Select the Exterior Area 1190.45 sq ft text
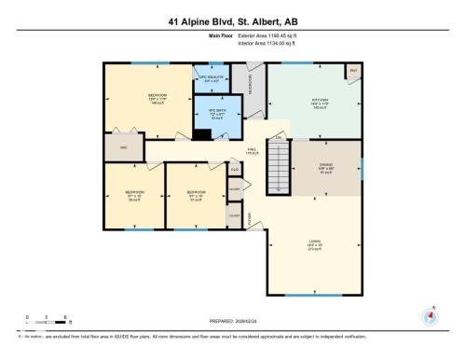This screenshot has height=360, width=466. (x=270, y=35)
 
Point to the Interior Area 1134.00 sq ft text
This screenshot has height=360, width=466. (x=270, y=42)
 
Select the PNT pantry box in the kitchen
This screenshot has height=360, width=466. (x=353, y=71)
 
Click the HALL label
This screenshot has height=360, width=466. (x=251, y=149)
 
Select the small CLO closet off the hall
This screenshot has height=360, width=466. (x=235, y=170)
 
